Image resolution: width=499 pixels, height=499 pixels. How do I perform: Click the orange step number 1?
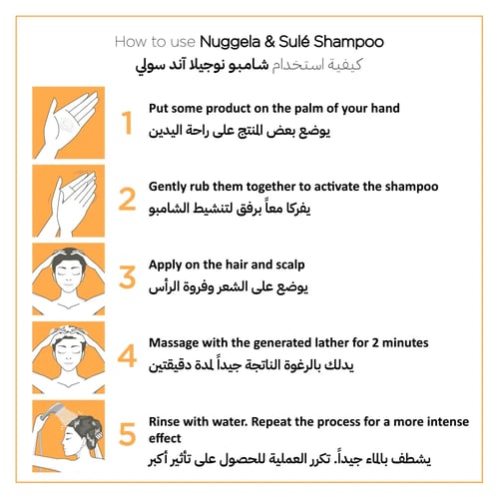127,123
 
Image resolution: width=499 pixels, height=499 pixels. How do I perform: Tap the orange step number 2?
127,200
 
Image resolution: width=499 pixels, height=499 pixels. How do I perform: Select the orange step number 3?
127,277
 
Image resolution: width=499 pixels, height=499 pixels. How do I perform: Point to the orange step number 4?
127,355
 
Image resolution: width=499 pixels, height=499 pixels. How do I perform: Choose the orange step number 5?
128,434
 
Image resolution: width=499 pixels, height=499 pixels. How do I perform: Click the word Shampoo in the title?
348,42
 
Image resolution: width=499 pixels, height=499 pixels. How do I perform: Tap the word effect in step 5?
165,438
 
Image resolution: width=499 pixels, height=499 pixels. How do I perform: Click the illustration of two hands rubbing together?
69,201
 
